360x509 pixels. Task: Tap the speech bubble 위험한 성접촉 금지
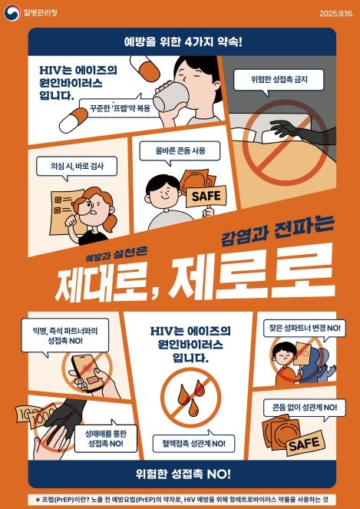pyautogui.click(x=276, y=80)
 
